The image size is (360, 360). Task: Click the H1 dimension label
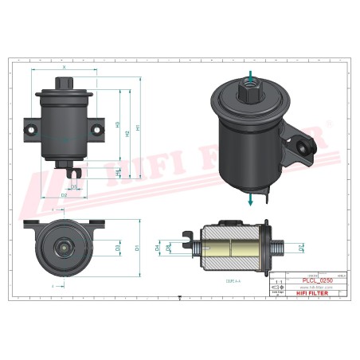tap(139, 127)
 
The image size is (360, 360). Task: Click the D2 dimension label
tap(64, 194)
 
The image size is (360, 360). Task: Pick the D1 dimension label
tap(138, 247)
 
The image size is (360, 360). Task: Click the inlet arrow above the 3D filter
tap(251, 77)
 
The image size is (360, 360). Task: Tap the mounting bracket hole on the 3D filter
tap(303, 144)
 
